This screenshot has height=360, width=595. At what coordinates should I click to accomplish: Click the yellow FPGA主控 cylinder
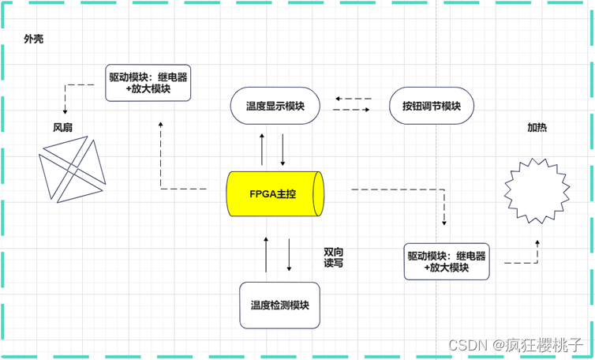[x=274, y=194]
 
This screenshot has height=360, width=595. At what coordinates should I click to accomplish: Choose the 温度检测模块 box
[x=279, y=306]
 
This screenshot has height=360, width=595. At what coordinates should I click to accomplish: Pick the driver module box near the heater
[x=447, y=261]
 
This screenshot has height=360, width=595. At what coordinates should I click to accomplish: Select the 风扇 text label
[x=63, y=126]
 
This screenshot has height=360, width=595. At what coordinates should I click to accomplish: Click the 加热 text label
[x=537, y=127]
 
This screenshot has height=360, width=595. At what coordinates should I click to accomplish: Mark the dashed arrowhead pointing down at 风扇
[x=65, y=111]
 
